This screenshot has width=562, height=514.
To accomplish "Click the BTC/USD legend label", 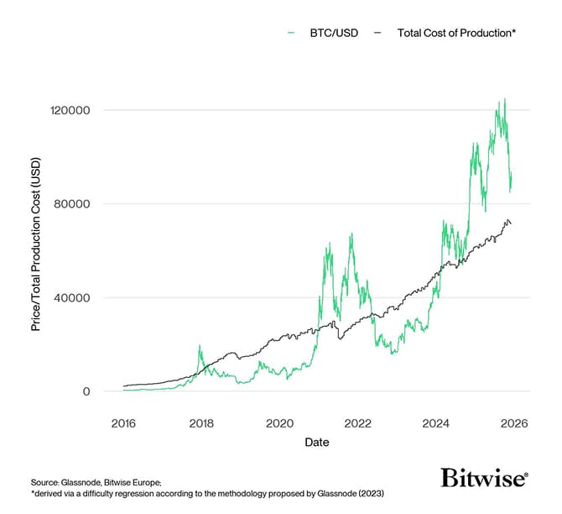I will coord(334,32).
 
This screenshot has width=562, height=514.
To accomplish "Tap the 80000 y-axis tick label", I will coord(75,204).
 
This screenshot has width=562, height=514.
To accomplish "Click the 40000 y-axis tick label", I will coord(75,297).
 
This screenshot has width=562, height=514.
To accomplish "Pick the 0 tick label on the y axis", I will coord(86,391).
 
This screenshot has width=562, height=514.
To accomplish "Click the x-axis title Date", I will coord(317,442).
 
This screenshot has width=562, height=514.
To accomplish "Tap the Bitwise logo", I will coord(484,479).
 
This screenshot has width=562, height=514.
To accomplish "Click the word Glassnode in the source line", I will coord(81,482).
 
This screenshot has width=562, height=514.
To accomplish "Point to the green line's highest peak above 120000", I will coord(504,99).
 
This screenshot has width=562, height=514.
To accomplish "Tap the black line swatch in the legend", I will coord(377,32).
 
